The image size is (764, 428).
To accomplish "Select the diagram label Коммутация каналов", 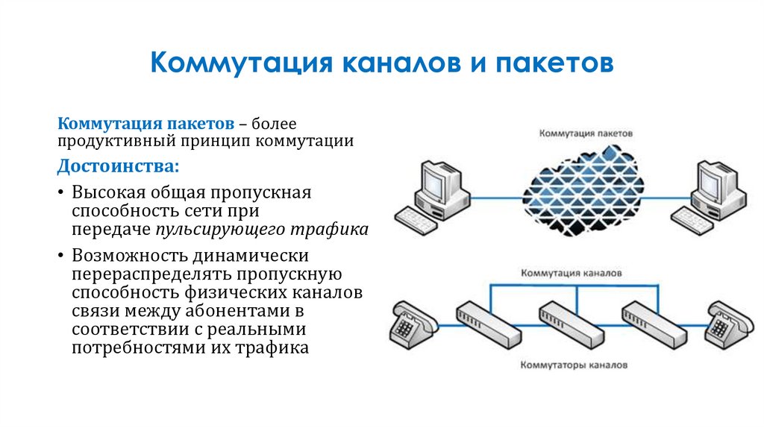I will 572,273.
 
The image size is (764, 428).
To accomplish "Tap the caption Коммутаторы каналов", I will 574,366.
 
